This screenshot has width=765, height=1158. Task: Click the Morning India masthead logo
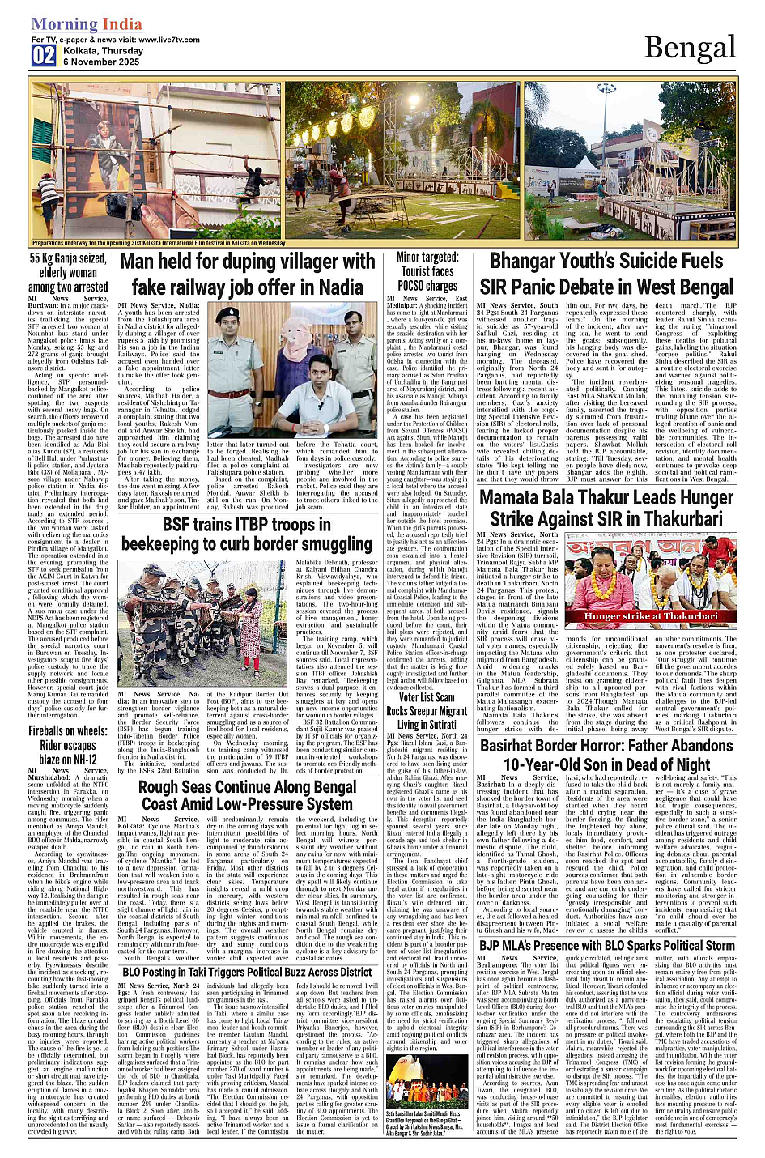[87, 25]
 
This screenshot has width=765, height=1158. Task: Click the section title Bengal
[690, 49]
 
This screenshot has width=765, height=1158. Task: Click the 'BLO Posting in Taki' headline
[247, 972]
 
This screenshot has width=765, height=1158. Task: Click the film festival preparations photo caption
[159, 242]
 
